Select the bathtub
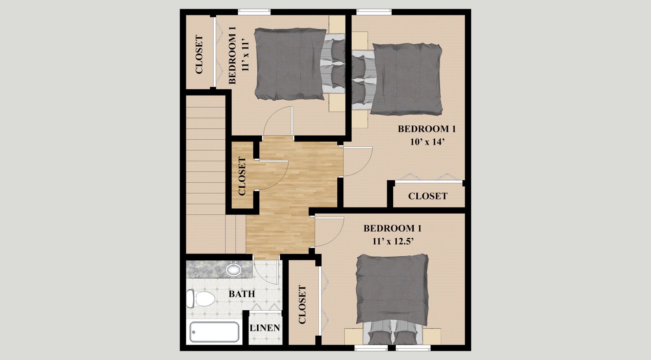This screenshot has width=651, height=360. coord(214,332)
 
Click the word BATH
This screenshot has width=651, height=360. coord(242,294)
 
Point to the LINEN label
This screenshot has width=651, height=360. coord(265,328)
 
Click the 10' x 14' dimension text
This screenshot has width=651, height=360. coord(427,142)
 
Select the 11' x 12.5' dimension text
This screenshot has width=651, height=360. coord(393,241)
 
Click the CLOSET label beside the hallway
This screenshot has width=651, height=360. coord(242,176)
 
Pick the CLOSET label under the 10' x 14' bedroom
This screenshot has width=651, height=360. coord(428,196)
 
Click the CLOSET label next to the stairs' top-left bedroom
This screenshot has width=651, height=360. coord(199,55)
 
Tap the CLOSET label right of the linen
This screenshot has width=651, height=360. coord(302,304)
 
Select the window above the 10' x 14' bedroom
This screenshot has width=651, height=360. coord(374,12)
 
